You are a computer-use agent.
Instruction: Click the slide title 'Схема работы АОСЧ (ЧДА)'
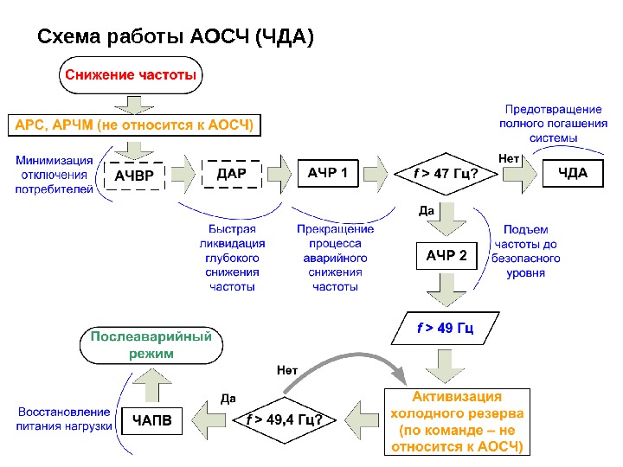pos(176,37)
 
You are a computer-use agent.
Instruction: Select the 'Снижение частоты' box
pos(131,75)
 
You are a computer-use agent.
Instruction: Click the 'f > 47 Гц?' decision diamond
pos(445,175)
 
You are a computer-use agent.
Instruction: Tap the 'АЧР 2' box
pos(446,256)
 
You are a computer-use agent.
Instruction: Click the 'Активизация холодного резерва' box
pos(456,422)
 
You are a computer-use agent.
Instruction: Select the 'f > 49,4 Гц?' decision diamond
pos(286,421)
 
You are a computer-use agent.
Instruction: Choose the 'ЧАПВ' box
pos(151,421)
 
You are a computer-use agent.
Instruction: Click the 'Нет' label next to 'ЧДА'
pos(509,158)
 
